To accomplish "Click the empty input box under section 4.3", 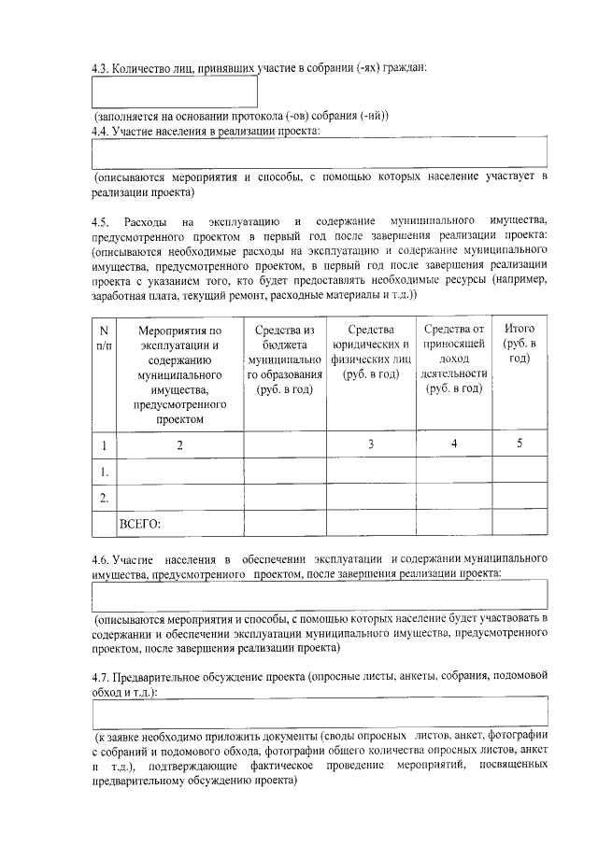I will tap(175, 92).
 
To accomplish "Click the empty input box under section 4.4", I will tap(319, 152).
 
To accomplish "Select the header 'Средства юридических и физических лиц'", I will tap(371, 352).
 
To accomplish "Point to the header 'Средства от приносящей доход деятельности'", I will tap(455, 359).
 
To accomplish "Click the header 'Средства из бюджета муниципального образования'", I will tap(285, 359).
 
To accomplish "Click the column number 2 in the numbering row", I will tap(179, 444).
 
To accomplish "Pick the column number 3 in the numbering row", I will tap(371, 444).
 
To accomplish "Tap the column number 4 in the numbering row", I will tap(454, 444).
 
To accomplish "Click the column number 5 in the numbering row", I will tap(520, 444).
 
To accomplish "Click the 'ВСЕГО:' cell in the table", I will tap(141, 523).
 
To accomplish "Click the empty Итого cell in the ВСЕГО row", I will tap(520, 523).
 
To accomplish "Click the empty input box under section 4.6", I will tap(319, 594).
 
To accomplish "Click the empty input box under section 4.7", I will tap(319, 713).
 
